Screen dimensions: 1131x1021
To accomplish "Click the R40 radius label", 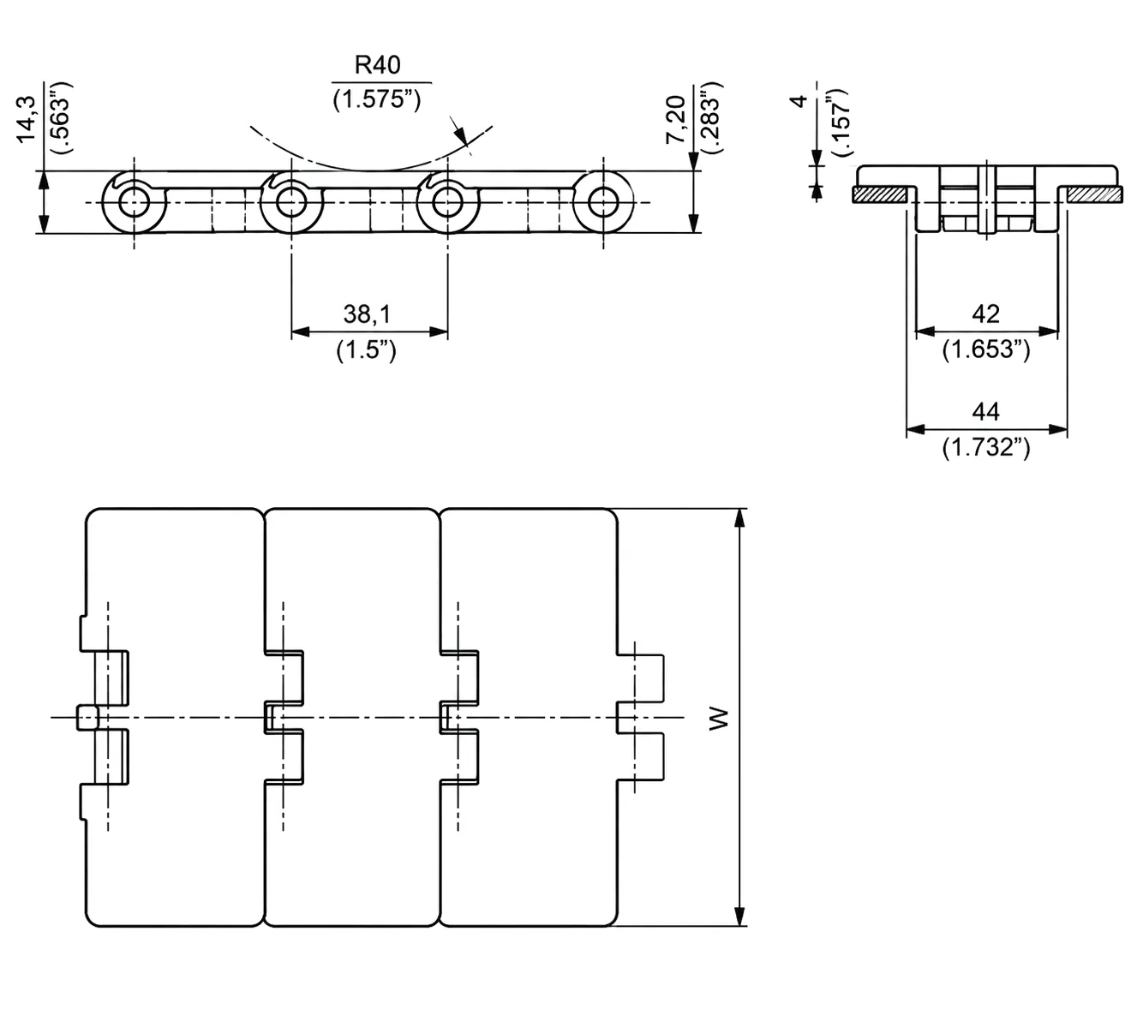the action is coord(377,65).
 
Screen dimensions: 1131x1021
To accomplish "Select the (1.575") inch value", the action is coord(377,100).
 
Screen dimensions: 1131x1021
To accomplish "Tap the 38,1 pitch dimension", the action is coord(367,314).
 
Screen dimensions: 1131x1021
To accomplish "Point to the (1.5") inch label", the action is coord(367,350).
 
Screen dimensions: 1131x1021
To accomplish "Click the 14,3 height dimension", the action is coord(27,119).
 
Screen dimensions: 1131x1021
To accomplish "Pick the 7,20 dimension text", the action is coord(675,119).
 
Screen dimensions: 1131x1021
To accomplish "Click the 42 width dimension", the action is coord(985,314).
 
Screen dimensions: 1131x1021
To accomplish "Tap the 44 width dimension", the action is coord(985,412).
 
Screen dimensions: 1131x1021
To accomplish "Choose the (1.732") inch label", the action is coord(986,447).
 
